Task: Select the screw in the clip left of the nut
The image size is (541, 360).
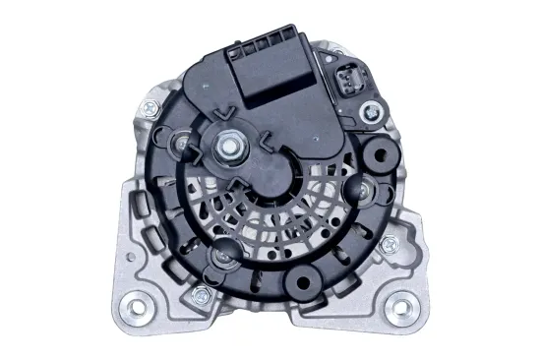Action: tap(182, 150)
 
